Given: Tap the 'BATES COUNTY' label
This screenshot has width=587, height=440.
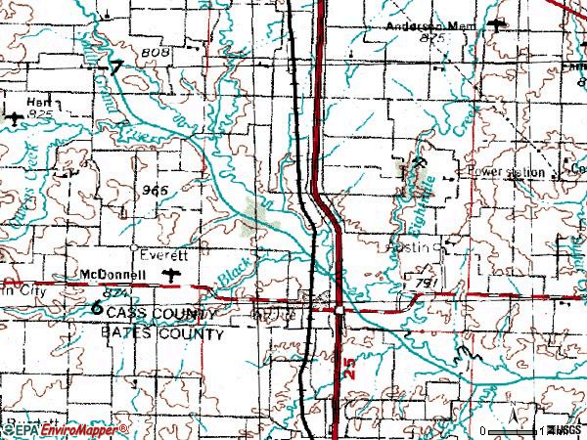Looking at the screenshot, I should coord(162,333).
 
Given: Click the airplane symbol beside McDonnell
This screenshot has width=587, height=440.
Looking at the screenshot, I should coord(173,274).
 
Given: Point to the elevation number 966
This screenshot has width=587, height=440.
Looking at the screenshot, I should coord(155,189).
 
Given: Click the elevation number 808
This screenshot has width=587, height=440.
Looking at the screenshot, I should coord(155,49).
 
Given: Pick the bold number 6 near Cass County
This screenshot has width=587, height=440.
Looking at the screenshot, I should coord(97,307).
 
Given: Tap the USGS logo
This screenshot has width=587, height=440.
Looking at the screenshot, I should coord(566,430).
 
